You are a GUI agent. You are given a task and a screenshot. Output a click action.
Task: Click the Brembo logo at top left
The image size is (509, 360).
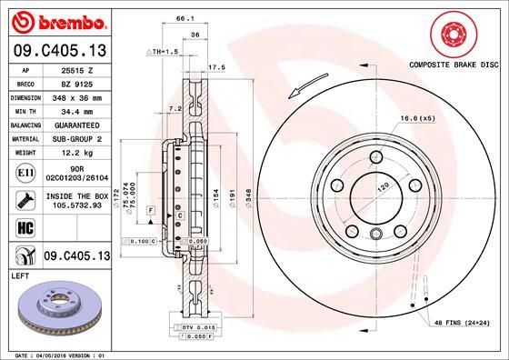tap(57, 20)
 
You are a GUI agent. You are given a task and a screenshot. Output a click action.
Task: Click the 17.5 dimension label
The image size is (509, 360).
tap(215, 66)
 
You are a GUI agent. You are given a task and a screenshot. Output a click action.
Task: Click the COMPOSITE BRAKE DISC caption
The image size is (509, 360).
tap(452, 65)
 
